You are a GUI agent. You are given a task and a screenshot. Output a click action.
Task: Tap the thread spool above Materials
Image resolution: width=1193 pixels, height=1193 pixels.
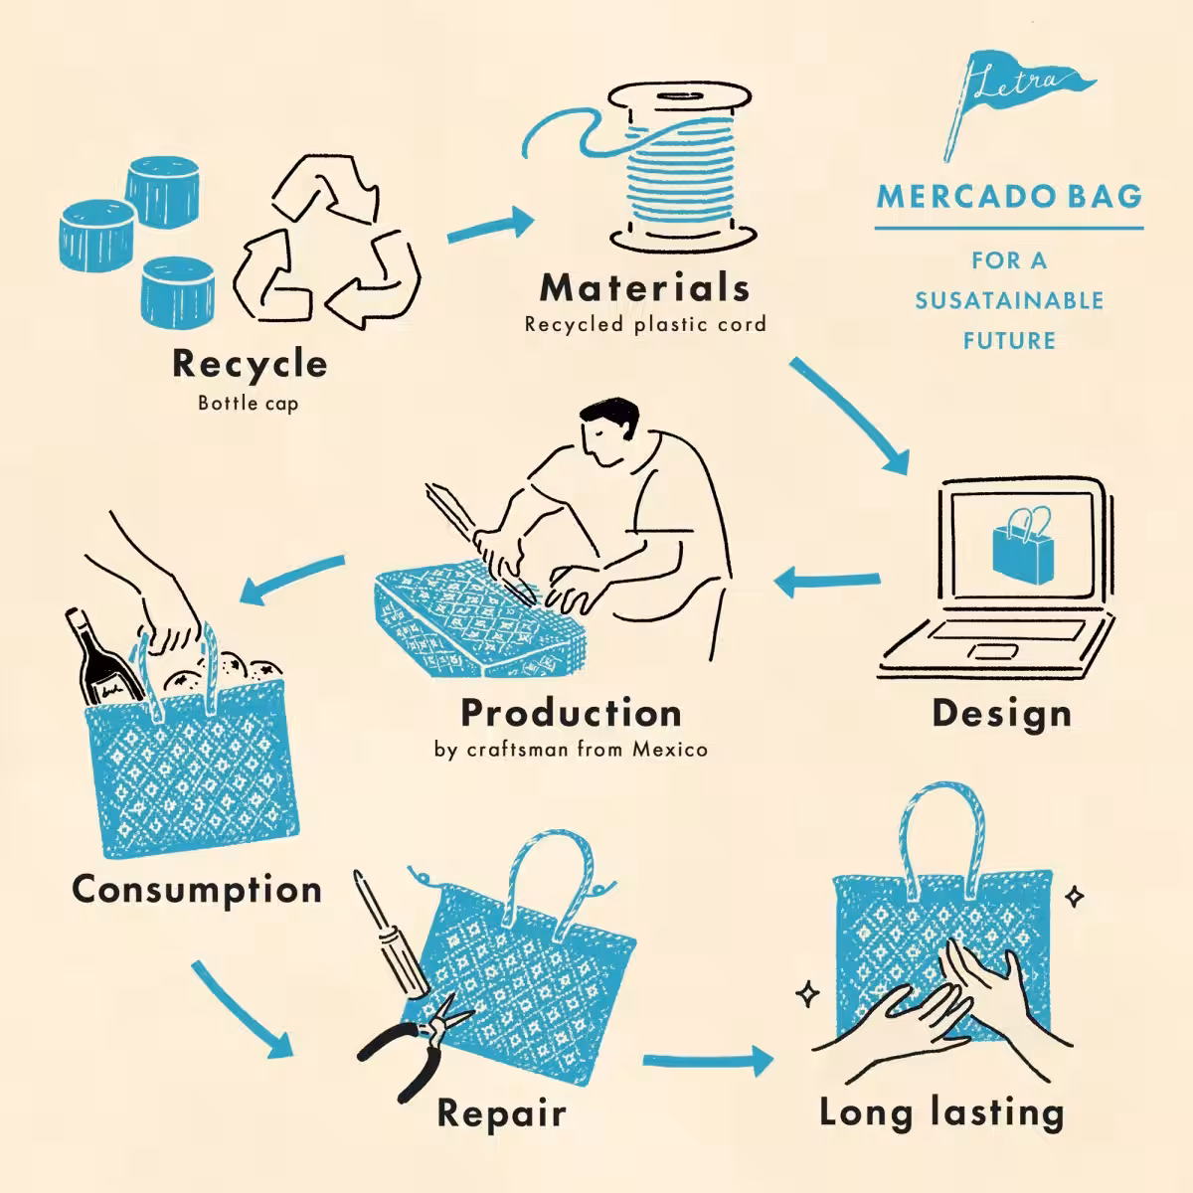pos(681,167)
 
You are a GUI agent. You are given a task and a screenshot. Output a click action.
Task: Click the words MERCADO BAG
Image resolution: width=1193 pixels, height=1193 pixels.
pos(1009,197)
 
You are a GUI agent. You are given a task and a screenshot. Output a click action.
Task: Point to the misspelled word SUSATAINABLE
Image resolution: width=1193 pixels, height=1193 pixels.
pos(1009,301)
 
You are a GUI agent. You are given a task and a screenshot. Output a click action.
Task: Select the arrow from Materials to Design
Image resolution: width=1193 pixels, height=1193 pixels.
pos(849,416)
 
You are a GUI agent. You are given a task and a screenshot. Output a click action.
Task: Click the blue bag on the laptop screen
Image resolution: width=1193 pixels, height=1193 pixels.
pos(1022,547)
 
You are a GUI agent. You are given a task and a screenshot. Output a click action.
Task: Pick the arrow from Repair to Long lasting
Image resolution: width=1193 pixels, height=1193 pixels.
pos(708,1061)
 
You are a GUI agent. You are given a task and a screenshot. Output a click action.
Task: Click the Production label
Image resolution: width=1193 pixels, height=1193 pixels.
pos(571,713)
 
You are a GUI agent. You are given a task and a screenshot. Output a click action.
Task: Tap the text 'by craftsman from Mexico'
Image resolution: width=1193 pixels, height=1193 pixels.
pos(571,750)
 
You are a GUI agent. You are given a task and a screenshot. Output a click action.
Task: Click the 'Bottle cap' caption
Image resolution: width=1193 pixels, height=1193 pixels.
pos(249,403)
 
